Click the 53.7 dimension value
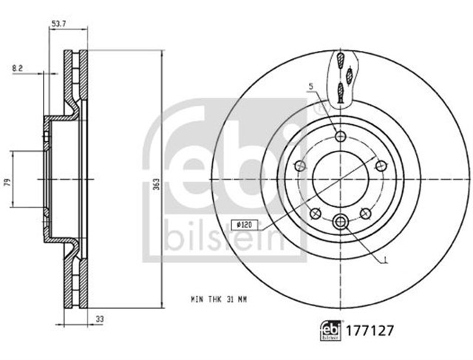tap(59, 24)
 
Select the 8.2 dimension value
tap(18, 68)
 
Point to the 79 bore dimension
tap(8, 182)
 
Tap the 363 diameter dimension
tap(157, 183)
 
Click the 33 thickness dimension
tap(100, 319)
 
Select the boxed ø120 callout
tap(241, 225)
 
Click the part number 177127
tap(370, 330)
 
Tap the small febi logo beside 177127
tap(330, 330)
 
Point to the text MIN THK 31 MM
tap(219, 299)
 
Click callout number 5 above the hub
tap(311, 87)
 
